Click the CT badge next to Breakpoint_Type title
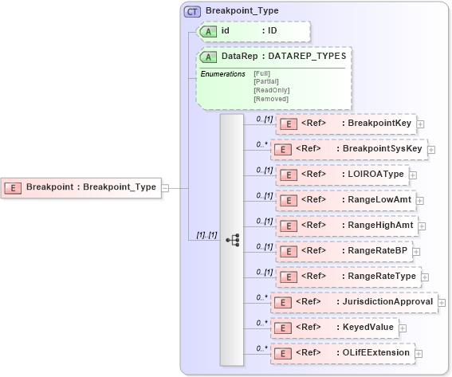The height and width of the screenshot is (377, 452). (x=193, y=12)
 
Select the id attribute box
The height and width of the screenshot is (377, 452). (x=251, y=31)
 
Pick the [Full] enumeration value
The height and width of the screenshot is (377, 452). (x=261, y=74)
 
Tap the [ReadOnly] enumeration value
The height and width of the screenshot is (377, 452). (x=271, y=90)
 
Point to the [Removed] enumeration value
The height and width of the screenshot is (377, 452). (x=271, y=98)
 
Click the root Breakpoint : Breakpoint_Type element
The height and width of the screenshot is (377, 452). (x=81, y=187)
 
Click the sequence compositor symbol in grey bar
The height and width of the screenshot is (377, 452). (x=232, y=239)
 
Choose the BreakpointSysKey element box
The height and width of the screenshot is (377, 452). (x=348, y=148)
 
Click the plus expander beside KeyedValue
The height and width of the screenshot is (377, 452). (x=403, y=328)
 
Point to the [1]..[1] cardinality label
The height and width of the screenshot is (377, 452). (x=208, y=236)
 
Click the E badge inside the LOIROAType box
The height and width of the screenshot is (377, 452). (x=287, y=175)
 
